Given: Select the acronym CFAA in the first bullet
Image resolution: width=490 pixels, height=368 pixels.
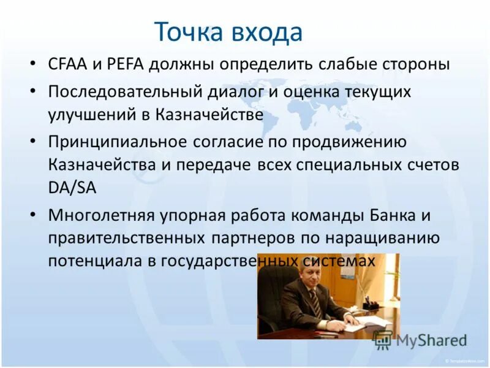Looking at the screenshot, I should tap(68, 64).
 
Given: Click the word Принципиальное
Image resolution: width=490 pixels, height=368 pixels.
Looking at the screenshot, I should tap(117, 142).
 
